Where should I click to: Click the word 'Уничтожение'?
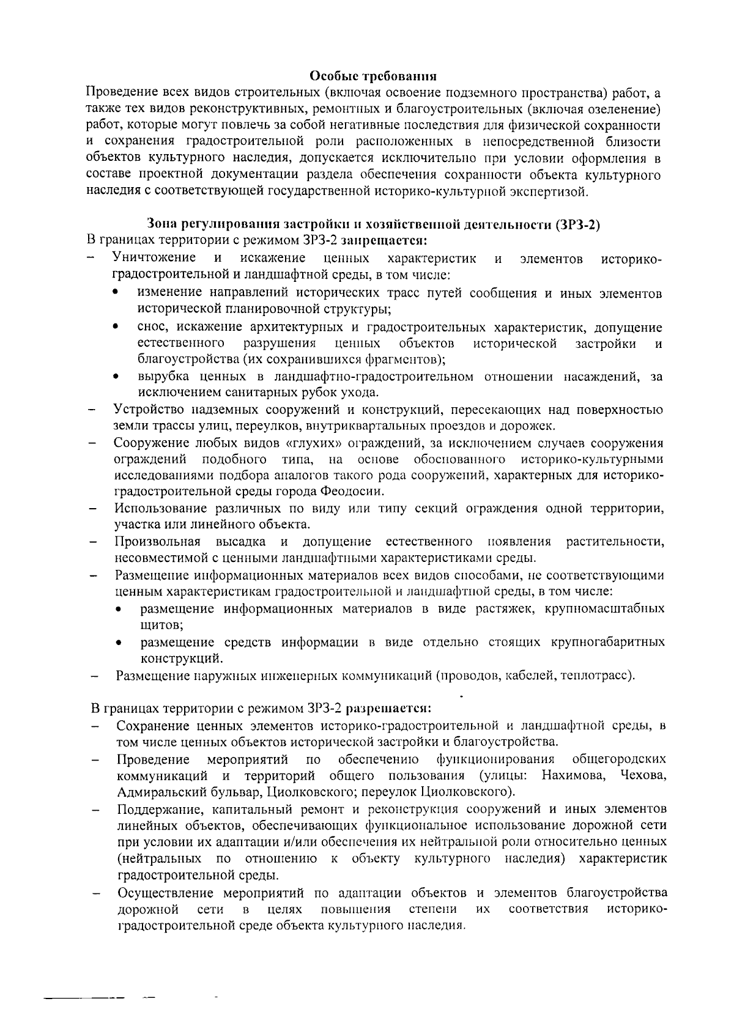coord(154,257)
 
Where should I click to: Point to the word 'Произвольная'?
coord(158,541)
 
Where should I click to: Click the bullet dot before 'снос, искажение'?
coord(116,328)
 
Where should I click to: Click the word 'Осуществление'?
coord(165,892)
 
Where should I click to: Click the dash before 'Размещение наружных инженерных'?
coord(95,676)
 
